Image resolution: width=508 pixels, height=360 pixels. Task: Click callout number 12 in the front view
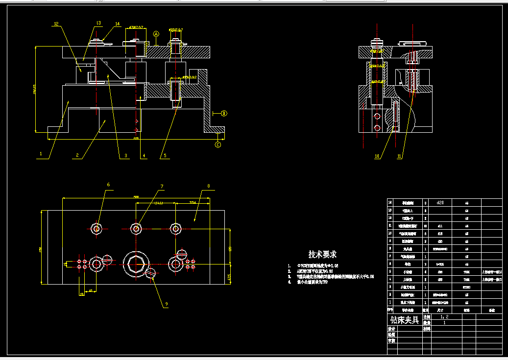click(56, 24)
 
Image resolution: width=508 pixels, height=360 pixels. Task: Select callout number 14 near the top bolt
click(118, 24)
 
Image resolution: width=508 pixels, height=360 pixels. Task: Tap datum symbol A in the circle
click(156, 34)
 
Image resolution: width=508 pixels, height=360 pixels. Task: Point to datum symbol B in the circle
click(224, 114)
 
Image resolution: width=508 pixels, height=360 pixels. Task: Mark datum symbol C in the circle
click(218, 144)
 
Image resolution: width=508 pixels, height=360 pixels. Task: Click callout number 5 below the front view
click(165, 156)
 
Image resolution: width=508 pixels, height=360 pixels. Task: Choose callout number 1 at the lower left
click(41, 154)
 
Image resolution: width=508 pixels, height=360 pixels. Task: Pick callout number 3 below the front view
click(125, 156)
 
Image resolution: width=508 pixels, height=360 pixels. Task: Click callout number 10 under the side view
click(377, 157)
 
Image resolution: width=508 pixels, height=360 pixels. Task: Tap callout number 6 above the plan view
click(108, 185)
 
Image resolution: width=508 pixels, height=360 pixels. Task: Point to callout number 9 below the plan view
click(166, 304)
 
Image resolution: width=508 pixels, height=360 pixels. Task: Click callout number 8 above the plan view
click(209, 186)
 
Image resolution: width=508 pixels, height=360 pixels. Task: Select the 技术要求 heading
click(322, 255)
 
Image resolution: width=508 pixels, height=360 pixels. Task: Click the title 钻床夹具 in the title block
click(404, 320)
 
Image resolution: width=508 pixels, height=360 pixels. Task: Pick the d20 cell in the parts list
click(439, 202)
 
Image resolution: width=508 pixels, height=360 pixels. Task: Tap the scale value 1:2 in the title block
click(444, 317)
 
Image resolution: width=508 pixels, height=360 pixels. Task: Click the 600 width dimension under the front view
click(136, 139)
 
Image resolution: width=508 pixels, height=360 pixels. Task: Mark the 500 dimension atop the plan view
click(136, 197)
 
